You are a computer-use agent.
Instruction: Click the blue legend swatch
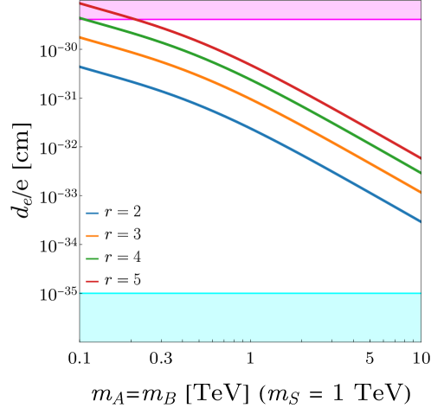(92, 213)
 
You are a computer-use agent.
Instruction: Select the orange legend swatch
(92, 235)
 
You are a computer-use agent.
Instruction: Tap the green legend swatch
(92, 258)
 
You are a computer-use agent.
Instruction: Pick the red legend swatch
(92, 281)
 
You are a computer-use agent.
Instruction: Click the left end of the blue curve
(80, 67)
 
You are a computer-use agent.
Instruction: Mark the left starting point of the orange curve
(80, 38)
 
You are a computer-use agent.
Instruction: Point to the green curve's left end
(80, 17)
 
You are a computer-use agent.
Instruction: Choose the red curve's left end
(80, 3)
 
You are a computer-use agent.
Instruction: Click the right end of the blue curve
(420, 221)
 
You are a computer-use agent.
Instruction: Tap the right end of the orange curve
(420, 191)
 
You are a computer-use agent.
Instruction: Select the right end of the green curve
(420, 172)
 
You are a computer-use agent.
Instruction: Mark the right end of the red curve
(420, 157)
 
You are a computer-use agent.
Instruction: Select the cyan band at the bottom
(251, 316)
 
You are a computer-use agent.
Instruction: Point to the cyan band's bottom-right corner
(420, 340)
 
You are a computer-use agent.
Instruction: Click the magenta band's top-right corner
(420, 2)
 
